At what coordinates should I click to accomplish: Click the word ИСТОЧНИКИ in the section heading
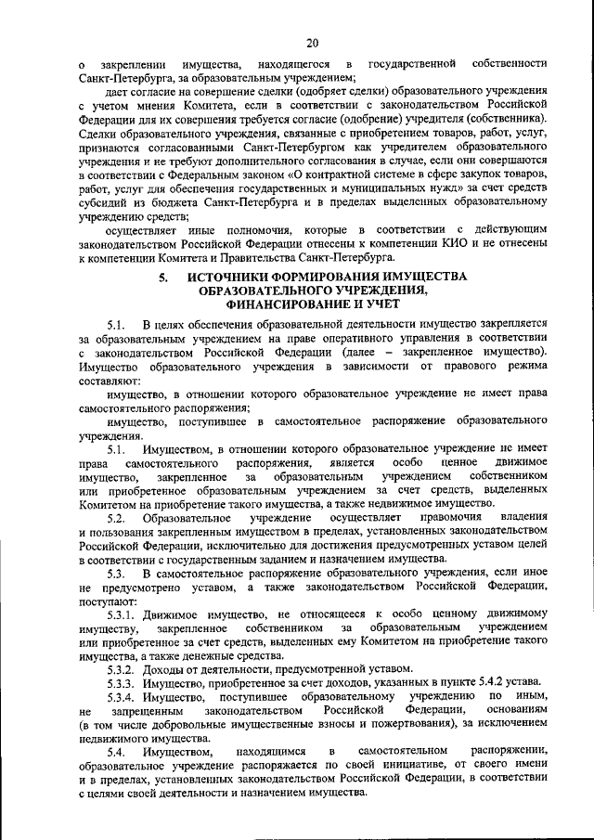227,277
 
